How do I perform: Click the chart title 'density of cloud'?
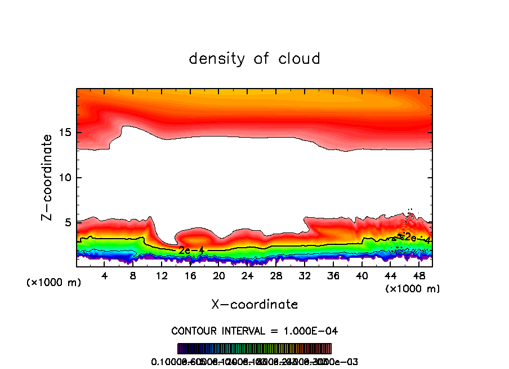click(x=254, y=59)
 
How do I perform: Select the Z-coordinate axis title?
click(x=47, y=177)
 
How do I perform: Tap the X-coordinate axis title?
click(x=254, y=305)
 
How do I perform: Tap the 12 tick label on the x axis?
click(x=162, y=276)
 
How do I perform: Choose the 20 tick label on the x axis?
click(x=219, y=276)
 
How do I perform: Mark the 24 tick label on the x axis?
click(x=248, y=276)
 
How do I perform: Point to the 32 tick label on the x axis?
click(x=305, y=276)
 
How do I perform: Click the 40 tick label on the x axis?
click(x=361, y=276)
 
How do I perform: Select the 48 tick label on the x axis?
click(x=418, y=276)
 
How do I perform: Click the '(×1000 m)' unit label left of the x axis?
click(x=54, y=282)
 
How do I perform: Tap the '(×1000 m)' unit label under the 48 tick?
click(x=412, y=288)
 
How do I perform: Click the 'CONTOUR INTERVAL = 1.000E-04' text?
click(x=254, y=331)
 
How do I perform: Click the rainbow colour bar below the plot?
click(x=254, y=348)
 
